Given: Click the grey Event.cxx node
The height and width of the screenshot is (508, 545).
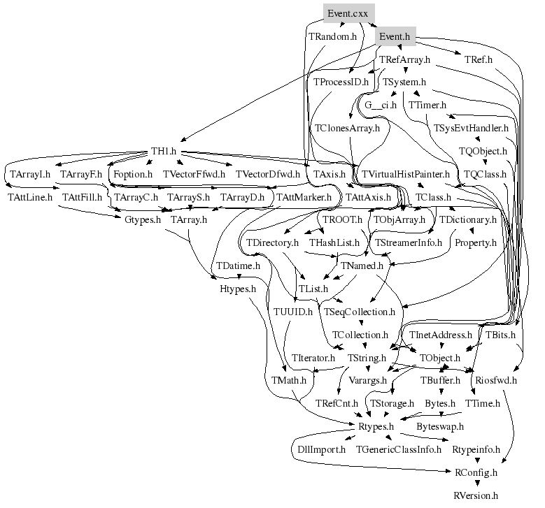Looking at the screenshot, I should pos(348,13).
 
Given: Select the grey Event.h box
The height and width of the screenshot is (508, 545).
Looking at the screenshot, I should pos(392,36).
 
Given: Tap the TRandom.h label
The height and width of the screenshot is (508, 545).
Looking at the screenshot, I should pos(332,36).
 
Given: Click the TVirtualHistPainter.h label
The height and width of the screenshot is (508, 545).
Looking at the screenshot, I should pos(405,174).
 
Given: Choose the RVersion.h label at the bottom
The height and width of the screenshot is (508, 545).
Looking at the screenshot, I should pos(476,495).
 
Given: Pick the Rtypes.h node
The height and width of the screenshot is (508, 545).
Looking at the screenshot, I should pos(376,426).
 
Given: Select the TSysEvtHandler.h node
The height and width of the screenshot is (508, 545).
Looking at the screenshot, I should pos(471,128).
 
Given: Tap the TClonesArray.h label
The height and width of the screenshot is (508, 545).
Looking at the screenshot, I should pos(347,128).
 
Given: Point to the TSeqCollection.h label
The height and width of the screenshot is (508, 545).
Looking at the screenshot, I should pos(360,312).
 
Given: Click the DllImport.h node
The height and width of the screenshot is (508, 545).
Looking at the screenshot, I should pos(318,449).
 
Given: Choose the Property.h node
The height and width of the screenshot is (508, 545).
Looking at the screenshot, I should pos(475,243).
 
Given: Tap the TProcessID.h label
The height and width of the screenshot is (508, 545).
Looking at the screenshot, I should pos(341,82).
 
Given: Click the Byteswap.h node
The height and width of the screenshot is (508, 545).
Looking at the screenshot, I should pos(440,426).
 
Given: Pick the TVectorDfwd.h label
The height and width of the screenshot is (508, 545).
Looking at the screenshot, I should pos(267,174).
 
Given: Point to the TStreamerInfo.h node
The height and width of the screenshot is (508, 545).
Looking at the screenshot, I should pos(409,243).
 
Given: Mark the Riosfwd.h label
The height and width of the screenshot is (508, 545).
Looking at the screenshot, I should pos(495,381).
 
